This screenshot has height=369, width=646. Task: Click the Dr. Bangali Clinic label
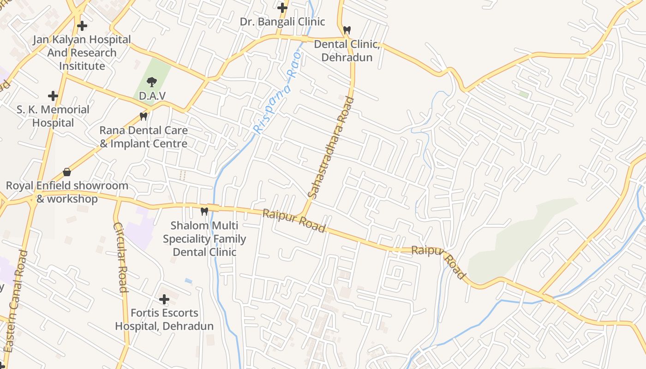click(x=282, y=22)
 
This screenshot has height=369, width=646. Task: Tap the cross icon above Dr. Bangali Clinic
click(x=282, y=8)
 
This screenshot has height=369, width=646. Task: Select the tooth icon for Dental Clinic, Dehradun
click(x=347, y=30)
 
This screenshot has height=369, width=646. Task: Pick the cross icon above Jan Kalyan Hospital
click(x=82, y=26)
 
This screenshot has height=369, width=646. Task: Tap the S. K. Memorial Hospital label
click(x=53, y=116)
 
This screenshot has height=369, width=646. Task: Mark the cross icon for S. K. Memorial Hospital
click(x=53, y=96)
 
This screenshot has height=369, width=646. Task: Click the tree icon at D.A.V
click(x=151, y=83)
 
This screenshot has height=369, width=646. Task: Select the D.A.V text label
click(x=152, y=96)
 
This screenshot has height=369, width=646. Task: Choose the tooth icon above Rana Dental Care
click(x=144, y=117)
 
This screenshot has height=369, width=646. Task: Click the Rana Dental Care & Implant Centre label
click(x=144, y=137)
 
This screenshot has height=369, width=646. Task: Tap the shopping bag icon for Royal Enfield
click(x=67, y=172)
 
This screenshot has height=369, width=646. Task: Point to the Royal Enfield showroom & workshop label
click(x=67, y=192)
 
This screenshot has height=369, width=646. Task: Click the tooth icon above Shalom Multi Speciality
click(x=204, y=211)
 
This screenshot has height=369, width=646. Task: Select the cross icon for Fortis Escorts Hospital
click(x=164, y=299)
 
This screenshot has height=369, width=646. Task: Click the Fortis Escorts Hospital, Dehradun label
click(x=164, y=320)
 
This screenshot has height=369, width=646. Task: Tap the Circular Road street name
click(x=120, y=257)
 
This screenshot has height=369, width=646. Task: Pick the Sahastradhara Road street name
click(x=331, y=148)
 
